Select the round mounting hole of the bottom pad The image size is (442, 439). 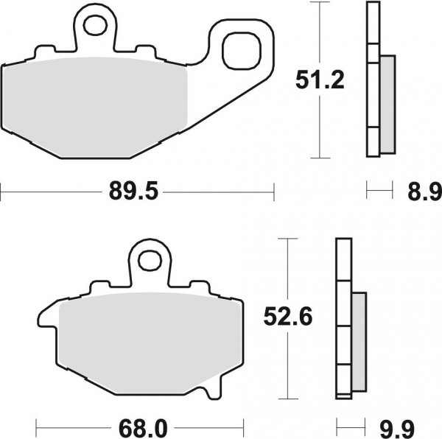coord(150,260)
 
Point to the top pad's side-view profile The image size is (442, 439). coord(373,81)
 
